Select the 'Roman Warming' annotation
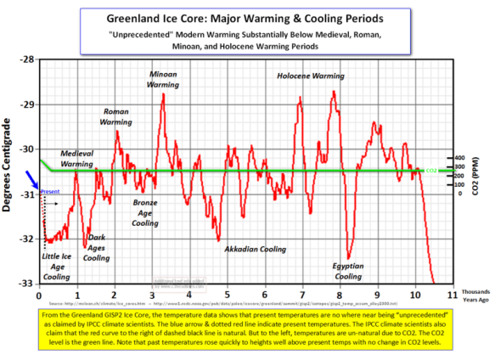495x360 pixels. [117, 116]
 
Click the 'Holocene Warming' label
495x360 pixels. [311, 76]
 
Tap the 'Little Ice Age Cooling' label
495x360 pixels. [58, 265]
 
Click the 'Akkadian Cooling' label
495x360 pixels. [255, 250]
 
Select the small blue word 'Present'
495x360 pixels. [50, 192]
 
